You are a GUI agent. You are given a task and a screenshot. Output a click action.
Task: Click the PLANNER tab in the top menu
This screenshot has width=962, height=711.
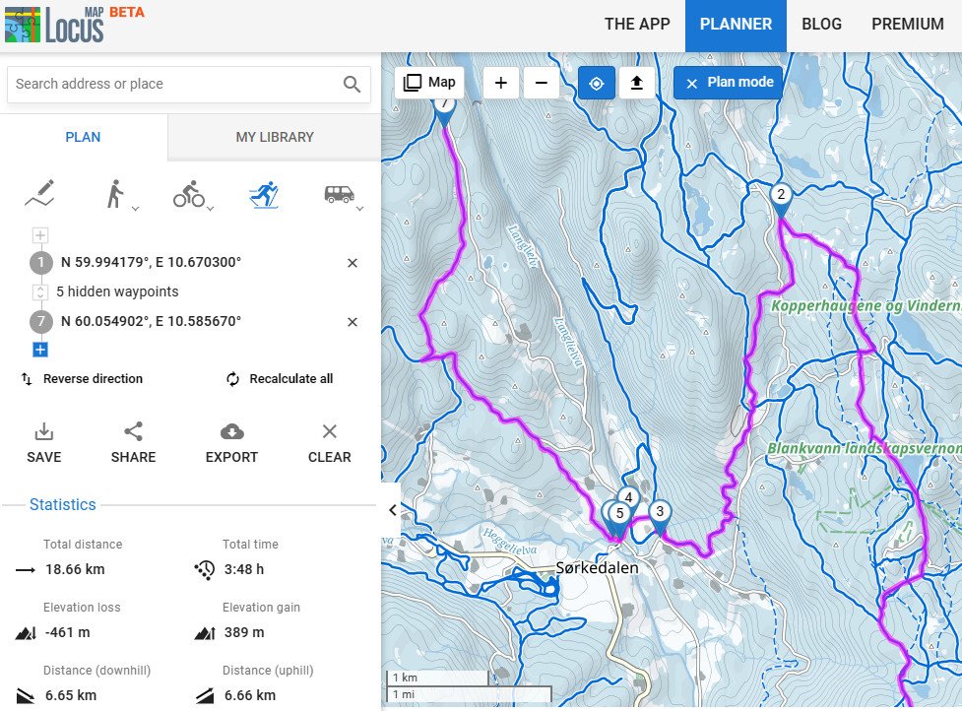coord(736,25)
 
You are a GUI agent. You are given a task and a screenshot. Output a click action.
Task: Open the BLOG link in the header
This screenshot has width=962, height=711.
coord(821,25)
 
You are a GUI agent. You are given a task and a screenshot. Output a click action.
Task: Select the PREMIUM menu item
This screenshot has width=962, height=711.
coord(907,25)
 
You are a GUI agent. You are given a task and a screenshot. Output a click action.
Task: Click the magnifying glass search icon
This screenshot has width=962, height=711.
coord(352,85)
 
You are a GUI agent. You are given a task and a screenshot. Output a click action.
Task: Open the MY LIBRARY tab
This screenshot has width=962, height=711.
coord(275,137)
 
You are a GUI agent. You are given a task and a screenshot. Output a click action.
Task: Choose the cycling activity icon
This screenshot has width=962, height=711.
coord(188,195)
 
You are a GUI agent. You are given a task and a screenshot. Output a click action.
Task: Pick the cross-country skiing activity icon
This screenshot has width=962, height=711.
coord(263,195)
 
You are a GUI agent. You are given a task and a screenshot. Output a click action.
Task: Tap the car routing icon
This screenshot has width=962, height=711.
coord(339,195)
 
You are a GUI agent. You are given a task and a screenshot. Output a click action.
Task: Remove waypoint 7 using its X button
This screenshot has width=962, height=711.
coord(353,322)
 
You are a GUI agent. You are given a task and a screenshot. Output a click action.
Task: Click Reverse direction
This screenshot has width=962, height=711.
coord(93,379)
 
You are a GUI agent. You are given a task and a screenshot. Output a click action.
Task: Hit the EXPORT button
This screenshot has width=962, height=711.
coord(231,443)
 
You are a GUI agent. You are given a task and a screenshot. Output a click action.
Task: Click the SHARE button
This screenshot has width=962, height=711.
coord(133,443)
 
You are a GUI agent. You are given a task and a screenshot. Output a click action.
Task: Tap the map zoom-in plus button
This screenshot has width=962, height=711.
coord(501,83)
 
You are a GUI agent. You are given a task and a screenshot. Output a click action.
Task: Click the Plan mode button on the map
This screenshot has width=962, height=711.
coord(729,83)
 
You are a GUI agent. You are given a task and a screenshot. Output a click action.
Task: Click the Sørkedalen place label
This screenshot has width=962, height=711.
coord(597,568)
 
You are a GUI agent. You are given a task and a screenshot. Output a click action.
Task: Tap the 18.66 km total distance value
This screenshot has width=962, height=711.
coord(74,569)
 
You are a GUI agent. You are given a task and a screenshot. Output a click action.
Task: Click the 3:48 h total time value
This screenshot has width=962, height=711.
coord(244,569)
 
